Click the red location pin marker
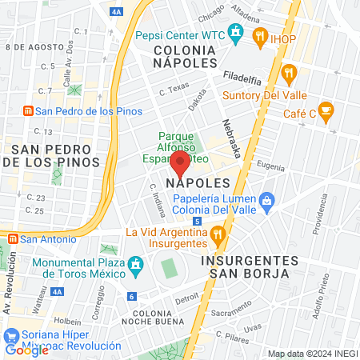(x=181, y=164)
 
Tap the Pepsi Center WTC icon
(x=235, y=34)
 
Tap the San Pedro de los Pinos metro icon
(x=26, y=110)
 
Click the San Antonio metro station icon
(x=12, y=238)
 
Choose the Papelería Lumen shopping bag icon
(x=267, y=199)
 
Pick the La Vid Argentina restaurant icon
(x=217, y=233)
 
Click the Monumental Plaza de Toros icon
(x=136, y=263)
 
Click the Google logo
(x=26, y=349)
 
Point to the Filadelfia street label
(x=242, y=80)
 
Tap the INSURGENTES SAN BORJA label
(x=249, y=267)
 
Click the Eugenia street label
(x=293, y=166)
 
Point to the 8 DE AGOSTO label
(x=33, y=47)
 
